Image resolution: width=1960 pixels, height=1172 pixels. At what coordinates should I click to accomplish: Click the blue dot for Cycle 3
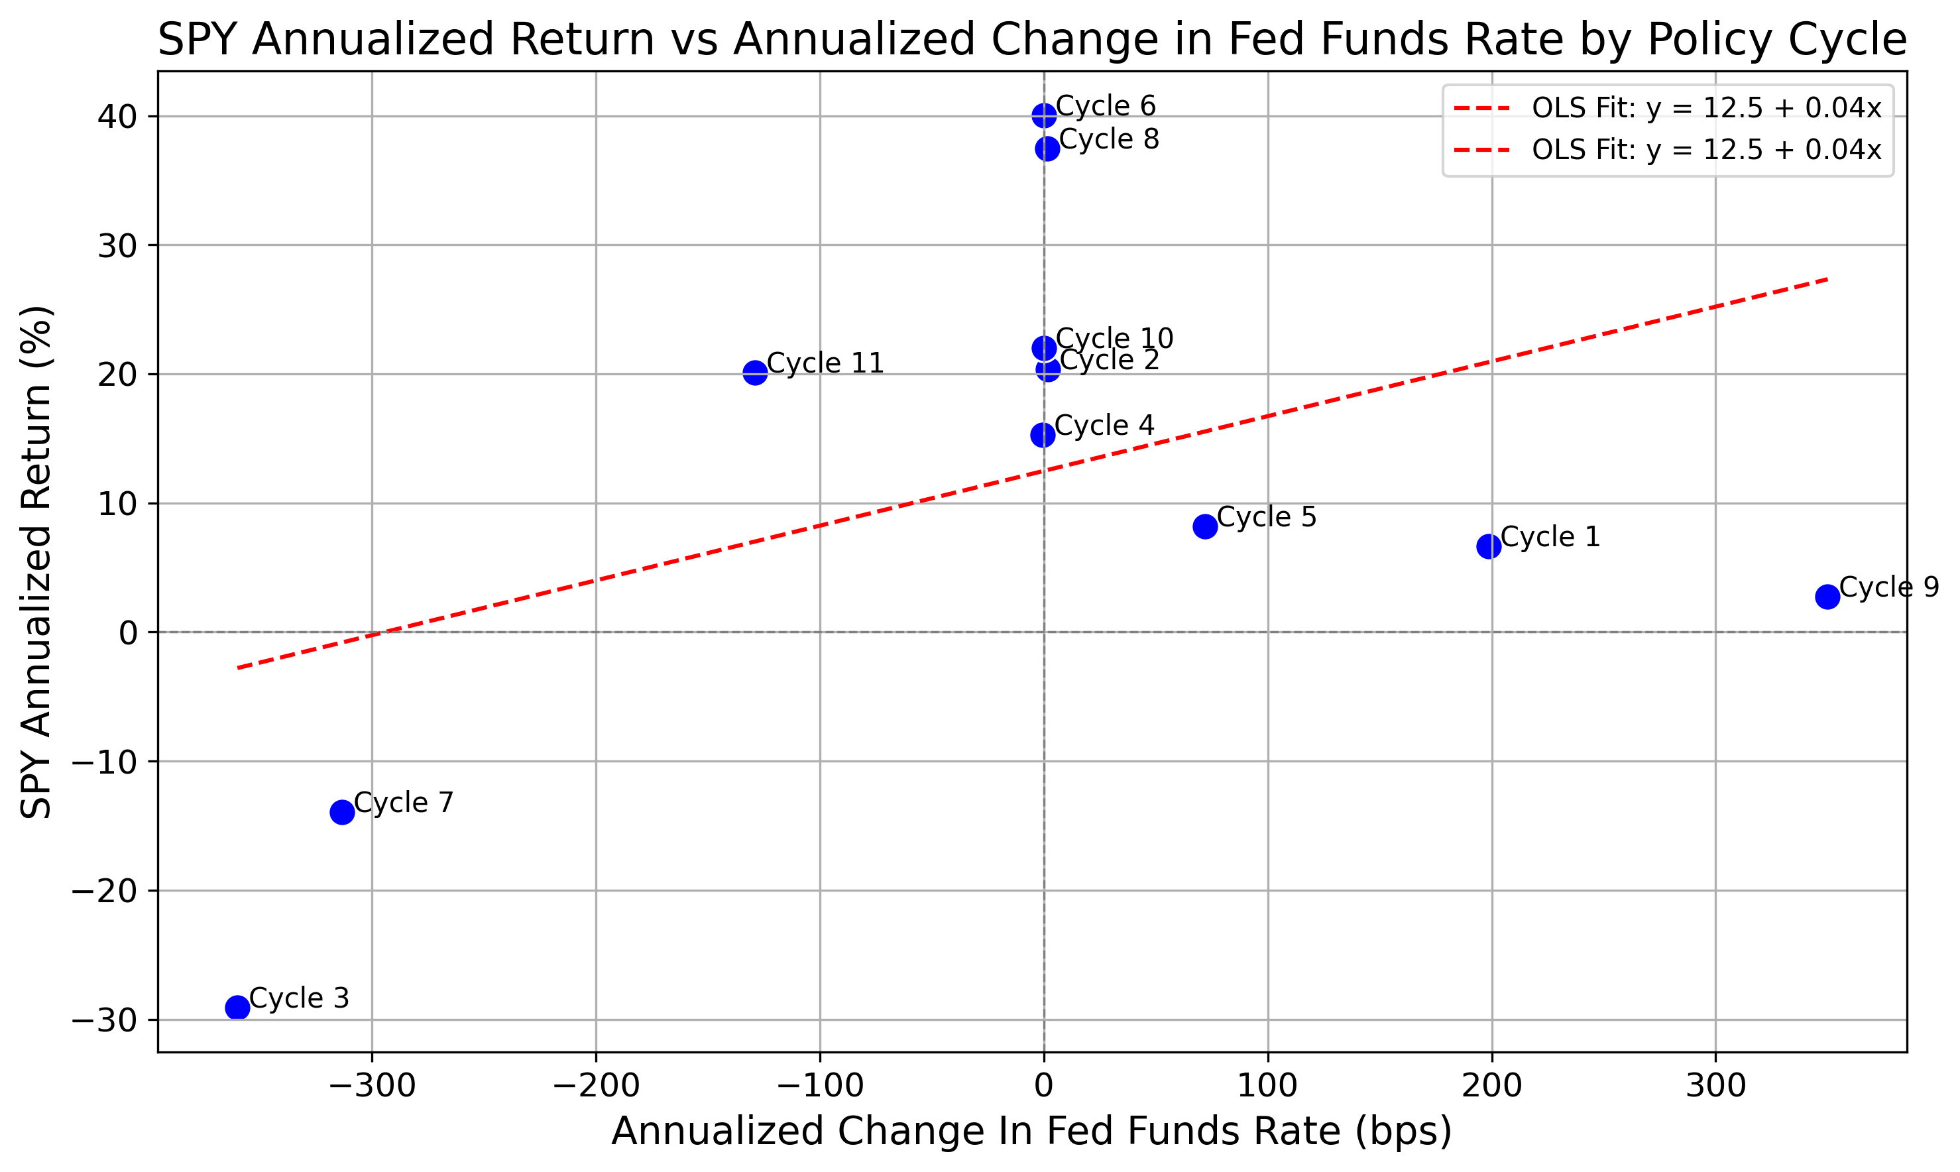(x=237, y=1007)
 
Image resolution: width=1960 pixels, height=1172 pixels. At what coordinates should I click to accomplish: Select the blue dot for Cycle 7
(x=342, y=812)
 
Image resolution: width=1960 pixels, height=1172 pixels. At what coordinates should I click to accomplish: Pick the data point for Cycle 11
(x=755, y=372)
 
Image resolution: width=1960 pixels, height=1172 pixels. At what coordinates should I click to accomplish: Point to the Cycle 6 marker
(x=1044, y=115)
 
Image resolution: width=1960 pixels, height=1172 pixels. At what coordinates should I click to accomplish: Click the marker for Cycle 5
(x=1205, y=526)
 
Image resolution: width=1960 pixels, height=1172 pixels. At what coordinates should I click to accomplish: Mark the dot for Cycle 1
(x=1489, y=546)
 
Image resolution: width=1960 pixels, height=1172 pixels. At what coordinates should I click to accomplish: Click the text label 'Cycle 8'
(x=1109, y=139)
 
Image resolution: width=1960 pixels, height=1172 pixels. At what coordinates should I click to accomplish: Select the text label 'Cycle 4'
(x=1104, y=425)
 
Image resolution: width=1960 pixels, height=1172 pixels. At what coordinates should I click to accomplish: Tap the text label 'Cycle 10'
(x=1114, y=338)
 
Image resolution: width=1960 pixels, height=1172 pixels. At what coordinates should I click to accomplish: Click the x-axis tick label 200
(x=1492, y=1086)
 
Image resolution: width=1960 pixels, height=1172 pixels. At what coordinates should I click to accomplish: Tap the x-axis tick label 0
(x=1044, y=1086)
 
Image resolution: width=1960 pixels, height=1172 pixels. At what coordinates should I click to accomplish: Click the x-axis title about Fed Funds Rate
(x=1031, y=1131)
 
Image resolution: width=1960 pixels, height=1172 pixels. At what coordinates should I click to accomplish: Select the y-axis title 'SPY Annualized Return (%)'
(x=36, y=561)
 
